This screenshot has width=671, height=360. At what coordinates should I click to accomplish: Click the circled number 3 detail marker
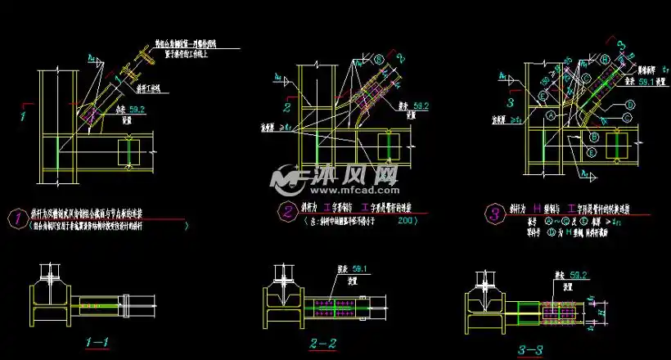pos(493,214)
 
